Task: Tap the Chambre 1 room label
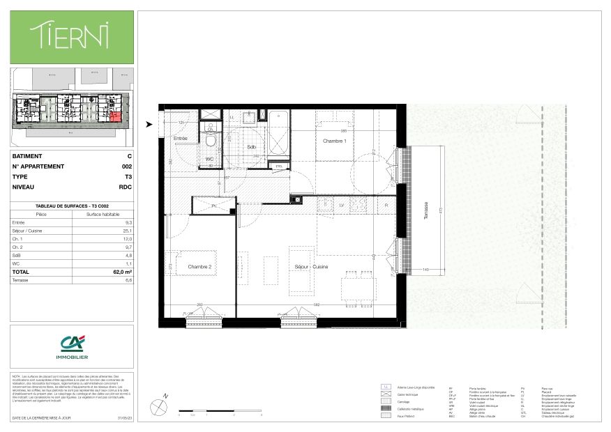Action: tap(334, 141)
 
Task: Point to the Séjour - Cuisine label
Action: tap(311, 267)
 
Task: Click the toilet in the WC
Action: tap(210, 142)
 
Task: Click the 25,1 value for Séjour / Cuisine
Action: tap(126, 231)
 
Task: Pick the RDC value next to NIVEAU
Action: tap(126, 187)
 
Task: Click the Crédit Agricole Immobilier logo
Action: tap(71, 346)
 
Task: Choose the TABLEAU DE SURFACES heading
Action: tap(72, 206)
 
